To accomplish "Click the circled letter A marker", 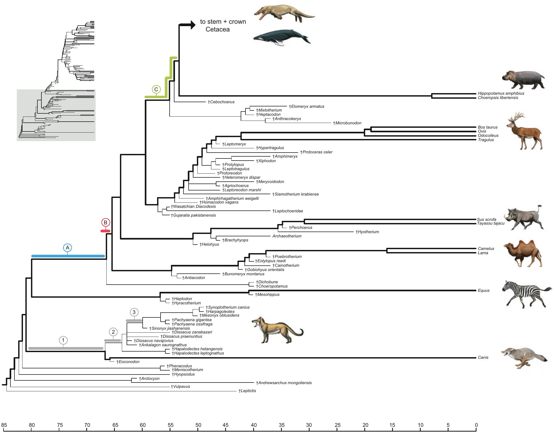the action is click(68, 248).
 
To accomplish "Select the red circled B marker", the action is click(106, 222).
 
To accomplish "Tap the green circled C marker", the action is click(156, 90).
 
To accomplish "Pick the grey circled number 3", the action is click(134, 312).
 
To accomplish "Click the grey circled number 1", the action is click(63, 340).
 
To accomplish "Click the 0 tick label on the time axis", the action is click(476, 425).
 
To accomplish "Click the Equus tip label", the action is click(483, 290).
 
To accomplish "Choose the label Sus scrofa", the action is click(486, 220).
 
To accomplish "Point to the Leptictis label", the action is click(247, 391).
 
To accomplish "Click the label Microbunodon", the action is click(347, 123).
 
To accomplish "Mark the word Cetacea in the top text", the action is click(217, 29).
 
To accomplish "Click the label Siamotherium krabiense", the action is click(295, 194).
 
